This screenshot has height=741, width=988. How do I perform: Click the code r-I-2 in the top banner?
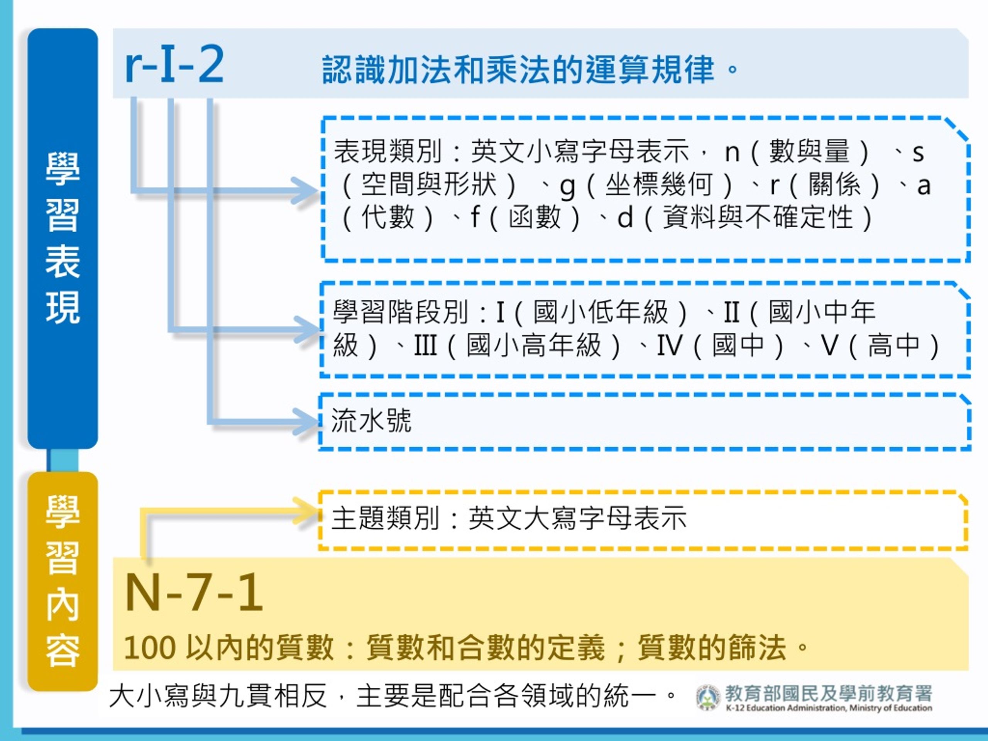point(174,65)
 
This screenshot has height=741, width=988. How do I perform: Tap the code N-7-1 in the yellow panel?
point(194,593)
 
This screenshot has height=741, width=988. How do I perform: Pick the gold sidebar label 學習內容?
point(63,581)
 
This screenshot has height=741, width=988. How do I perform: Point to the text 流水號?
point(371,420)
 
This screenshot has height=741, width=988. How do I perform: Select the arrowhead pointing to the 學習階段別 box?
point(306,330)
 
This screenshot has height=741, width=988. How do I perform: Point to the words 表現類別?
point(388,151)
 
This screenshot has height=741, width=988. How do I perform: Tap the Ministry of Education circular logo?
point(708,697)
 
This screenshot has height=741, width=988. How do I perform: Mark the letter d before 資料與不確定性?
point(625,218)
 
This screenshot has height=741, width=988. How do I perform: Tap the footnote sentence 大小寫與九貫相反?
point(218,696)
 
